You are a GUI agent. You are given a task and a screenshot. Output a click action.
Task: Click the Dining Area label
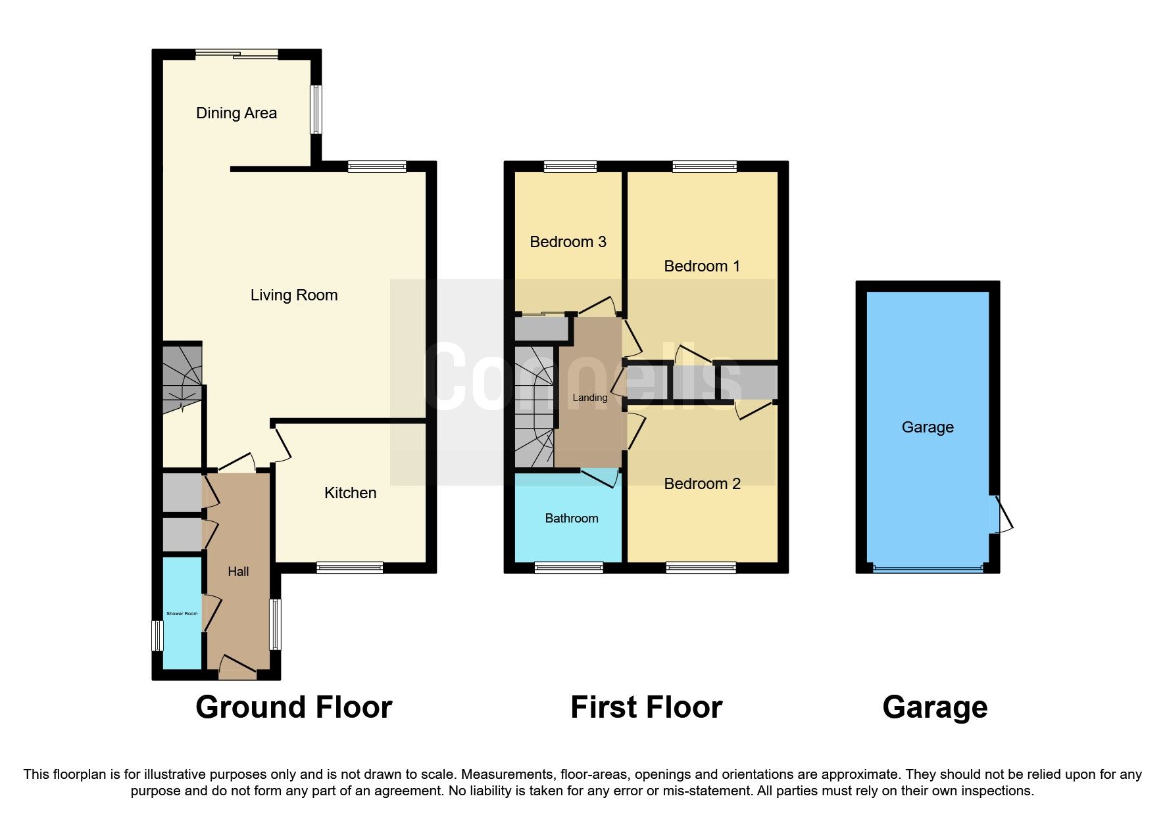click(236, 113)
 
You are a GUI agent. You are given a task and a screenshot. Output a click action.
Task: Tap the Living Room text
click(294, 295)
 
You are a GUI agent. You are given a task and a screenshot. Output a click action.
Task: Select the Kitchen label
click(350, 493)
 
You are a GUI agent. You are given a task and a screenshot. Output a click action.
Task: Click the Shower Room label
click(182, 614)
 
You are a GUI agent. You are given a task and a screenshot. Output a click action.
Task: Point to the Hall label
click(238, 572)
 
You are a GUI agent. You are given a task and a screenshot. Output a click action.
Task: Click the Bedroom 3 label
click(568, 242)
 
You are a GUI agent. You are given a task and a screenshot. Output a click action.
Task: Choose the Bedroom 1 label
click(702, 266)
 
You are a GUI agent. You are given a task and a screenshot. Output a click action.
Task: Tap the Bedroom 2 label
click(702, 484)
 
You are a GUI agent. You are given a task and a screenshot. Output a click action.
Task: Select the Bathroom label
click(571, 519)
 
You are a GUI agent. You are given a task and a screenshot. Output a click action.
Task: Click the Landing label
click(589, 398)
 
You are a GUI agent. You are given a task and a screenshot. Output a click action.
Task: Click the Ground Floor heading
click(293, 708)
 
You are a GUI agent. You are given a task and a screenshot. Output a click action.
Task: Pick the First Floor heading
click(646, 708)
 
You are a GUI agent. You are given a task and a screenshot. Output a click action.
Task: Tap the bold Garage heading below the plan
click(934, 708)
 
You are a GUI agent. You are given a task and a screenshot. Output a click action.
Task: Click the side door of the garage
click(1003, 515)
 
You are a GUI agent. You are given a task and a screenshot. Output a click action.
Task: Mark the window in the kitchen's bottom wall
click(349, 567)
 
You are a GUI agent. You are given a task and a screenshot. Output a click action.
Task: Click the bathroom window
click(568, 567)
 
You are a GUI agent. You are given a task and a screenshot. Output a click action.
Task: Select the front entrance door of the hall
click(237, 668)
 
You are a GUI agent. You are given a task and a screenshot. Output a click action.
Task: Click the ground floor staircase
click(182, 378)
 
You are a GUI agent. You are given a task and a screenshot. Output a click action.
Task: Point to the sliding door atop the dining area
click(237, 55)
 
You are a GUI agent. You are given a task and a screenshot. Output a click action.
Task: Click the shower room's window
click(157, 636)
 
